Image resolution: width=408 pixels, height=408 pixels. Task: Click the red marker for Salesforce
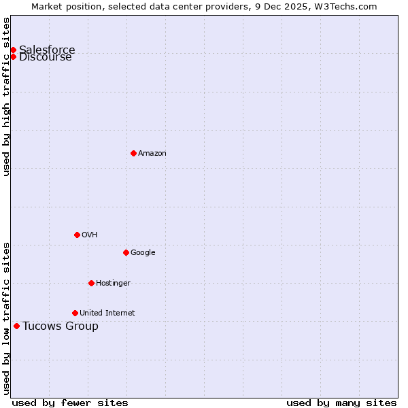pos(13,50)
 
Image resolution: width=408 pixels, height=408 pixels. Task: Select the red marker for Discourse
pos(13,56)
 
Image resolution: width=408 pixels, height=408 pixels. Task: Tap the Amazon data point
pos(133,153)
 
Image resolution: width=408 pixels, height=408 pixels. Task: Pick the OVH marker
pos(77,235)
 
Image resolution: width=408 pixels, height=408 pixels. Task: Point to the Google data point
pos(126,252)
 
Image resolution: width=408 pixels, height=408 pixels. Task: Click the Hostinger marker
pos(91,283)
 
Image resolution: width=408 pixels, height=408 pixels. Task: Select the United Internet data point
pos(75,313)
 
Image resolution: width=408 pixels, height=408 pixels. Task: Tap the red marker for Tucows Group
pos(16,326)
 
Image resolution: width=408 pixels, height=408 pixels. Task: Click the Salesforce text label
pos(47,50)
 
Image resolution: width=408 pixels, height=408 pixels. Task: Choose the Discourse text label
pos(46,57)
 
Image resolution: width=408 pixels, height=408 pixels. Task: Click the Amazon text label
pos(152,153)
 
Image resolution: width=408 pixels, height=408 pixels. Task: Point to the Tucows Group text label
pos(61,326)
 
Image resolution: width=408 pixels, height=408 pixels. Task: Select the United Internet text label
pos(107,313)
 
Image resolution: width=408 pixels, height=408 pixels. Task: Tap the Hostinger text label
pos(113,283)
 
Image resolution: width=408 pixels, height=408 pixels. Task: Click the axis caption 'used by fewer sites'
pos(70,403)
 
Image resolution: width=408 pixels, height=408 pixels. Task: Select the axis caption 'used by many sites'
pos(341,403)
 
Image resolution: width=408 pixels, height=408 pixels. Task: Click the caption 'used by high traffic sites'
pos(7,97)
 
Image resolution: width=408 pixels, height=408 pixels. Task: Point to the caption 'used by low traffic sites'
pos(7,318)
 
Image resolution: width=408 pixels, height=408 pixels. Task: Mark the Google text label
pos(143,252)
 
